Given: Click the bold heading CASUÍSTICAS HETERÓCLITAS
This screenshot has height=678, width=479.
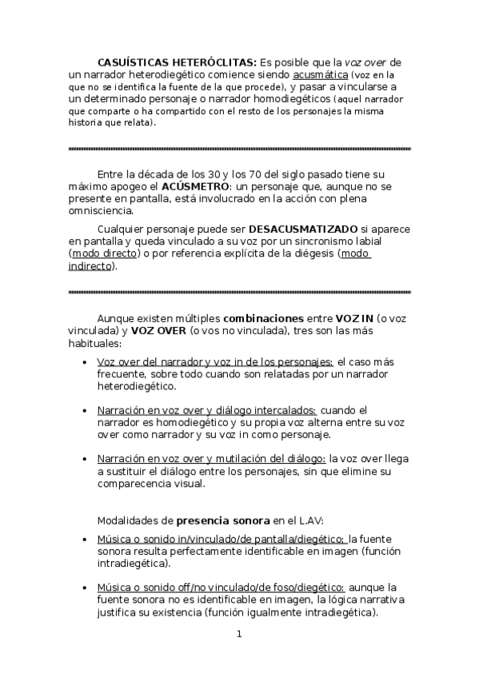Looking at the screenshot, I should click(177, 62).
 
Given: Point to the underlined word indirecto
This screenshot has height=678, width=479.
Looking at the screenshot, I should click(90, 266).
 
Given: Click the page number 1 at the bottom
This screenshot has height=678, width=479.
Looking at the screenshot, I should click(238, 635).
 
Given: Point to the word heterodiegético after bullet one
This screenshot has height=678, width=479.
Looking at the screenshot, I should click(136, 386).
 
